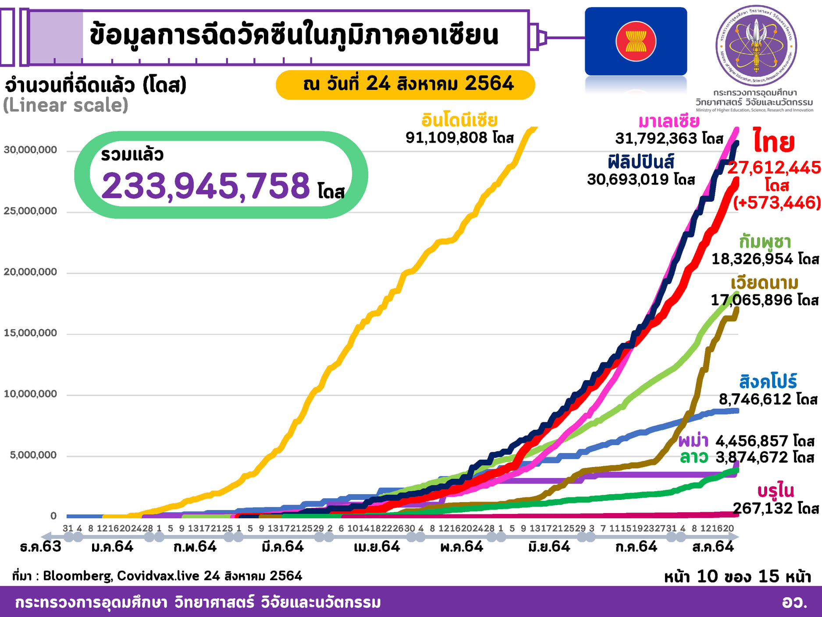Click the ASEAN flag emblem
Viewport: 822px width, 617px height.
(636, 42)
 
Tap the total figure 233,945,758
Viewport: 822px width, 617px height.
(206, 186)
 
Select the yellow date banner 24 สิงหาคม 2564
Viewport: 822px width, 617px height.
(405, 84)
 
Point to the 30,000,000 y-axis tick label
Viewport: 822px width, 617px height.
(30, 150)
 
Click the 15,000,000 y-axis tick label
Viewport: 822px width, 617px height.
(30, 333)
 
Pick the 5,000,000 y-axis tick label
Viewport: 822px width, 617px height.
(33, 455)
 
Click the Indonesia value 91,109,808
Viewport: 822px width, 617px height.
(446, 138)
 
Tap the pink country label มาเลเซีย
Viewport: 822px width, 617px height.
(669, 121)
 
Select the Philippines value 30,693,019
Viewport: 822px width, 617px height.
(628, 179)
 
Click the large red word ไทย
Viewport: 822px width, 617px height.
(774, 141)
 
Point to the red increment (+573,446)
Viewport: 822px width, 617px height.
(777, 203)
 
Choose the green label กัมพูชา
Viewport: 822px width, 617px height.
(765, 242)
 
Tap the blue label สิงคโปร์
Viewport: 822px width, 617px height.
(768, 382)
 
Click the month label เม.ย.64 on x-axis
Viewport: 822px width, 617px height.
(377, 547)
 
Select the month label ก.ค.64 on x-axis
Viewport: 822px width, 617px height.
(636, 547)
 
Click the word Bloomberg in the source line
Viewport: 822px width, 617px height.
(78, 576)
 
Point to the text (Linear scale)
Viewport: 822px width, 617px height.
(66, 105)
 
